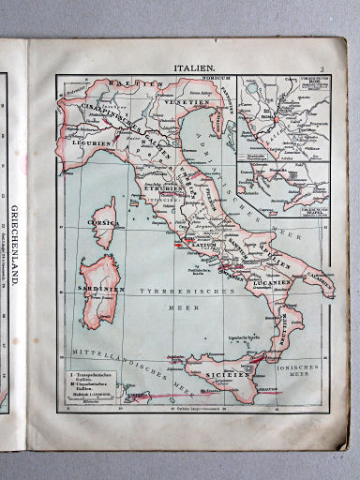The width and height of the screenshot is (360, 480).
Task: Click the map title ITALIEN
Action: (194, 68)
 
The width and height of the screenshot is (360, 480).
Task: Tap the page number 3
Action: (321, 69)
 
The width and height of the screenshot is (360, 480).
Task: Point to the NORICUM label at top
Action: (210, 81)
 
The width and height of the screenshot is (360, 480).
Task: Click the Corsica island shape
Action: (106, 216)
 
